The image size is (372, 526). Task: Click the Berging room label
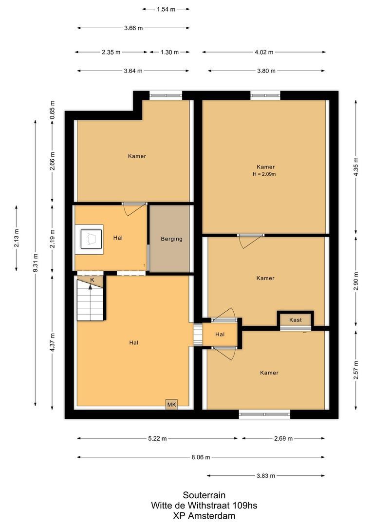click(x=171, y=239)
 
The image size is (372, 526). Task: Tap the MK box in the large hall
click(x=171, y=404)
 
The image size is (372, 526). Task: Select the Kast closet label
click(x=295, y=320)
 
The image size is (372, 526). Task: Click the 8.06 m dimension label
click(x=201, y=457)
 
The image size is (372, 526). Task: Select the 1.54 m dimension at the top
click(x=166, y=9)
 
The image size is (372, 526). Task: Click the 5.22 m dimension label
click(x=157, y=438)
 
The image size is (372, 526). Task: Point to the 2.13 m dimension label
click(x=17, y=238)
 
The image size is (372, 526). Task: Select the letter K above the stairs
click(x=92, y=280)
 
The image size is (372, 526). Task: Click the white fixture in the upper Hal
click(x=89, y=239)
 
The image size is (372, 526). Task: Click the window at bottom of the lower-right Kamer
click(x=264, y=415)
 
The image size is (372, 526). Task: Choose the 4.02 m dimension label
click(x=263, y=52)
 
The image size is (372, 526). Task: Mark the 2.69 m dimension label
click(x=283, y=438)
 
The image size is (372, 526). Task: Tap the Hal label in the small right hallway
click(x=220, y=334)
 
